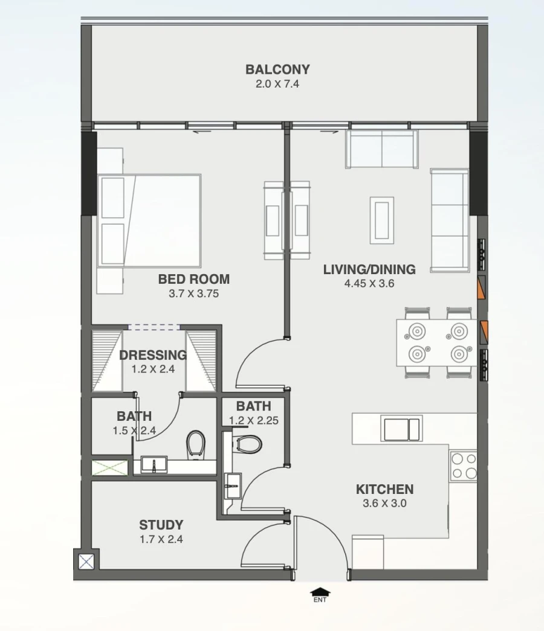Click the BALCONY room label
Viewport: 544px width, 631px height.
(277, 69)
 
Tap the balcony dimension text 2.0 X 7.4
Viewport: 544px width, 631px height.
(277, 84)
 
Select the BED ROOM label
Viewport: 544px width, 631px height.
(193, 279)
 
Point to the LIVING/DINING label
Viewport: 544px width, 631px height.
(369, 269)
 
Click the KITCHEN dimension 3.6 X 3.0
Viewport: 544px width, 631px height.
(384, 503)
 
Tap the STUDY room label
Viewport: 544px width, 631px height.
(161, 525)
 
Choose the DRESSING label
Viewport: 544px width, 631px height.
(152, 355)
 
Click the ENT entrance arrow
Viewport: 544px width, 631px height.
(320, 594)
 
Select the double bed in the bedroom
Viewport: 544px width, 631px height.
(150, 220)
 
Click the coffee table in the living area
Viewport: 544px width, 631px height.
(381, 220)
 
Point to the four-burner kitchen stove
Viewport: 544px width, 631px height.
(464, 466)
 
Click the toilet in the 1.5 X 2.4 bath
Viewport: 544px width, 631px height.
(195, 444)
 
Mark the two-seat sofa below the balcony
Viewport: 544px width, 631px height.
(381, 149)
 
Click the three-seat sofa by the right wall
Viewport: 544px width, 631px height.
(449, 220)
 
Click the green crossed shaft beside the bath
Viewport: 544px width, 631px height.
(110, 467)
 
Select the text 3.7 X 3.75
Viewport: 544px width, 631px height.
(193, 294)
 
